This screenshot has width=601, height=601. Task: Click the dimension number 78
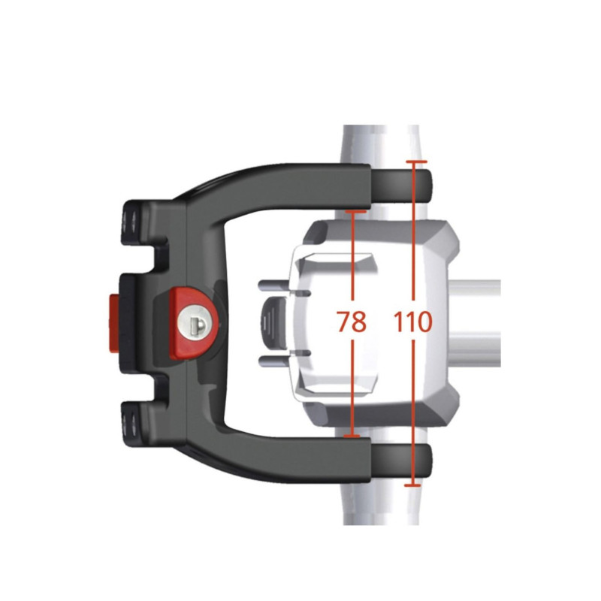351,322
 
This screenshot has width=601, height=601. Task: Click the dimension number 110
412,322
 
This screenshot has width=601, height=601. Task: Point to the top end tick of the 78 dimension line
352,213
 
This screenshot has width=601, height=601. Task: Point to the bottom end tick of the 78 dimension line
352,435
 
